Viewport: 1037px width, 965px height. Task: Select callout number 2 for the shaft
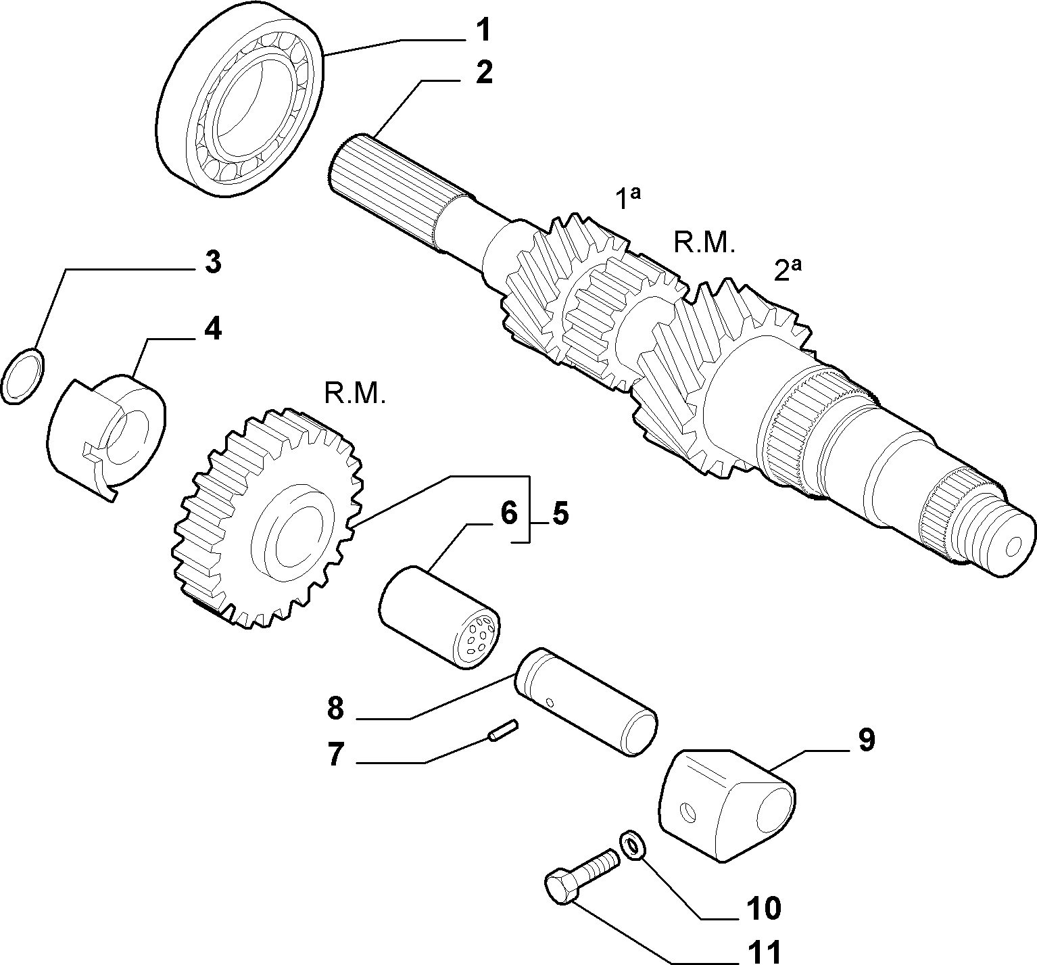(x=484, y=72)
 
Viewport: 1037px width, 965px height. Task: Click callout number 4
(x=212, y=329)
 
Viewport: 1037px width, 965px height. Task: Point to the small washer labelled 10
(x=632, y=845)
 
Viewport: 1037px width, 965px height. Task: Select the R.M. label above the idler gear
(x=355, y=394)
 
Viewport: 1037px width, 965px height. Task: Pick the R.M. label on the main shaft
(x=704, y=241)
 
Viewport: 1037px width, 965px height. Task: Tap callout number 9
(x=867, y=740)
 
